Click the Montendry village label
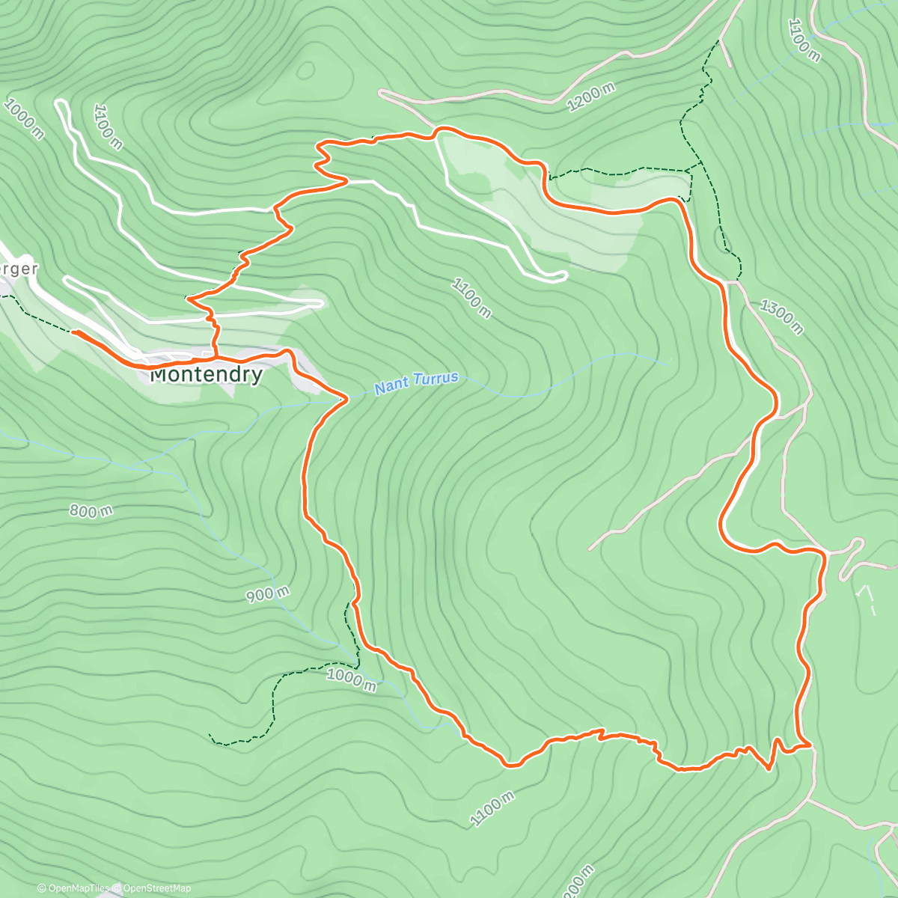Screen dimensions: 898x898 [x=207, y=375]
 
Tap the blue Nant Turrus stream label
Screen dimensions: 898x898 [x=416, y=383]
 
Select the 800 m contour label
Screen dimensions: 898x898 [x=91, y=512]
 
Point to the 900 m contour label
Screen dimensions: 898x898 [x=268, y=594]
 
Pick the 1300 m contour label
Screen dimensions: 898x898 [x=781, y=317]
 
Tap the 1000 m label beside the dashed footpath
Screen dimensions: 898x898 [x=352, y=679]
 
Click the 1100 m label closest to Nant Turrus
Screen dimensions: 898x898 [x=471, y=297]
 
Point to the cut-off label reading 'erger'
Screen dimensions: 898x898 [x=18, y=269]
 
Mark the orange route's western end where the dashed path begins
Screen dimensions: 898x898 [x=73, y=330]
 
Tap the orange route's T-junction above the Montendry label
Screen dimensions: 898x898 [x=216, y=355]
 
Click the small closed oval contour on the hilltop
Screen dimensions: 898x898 [x=305, y=70]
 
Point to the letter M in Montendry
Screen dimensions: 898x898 [x=161, y=375]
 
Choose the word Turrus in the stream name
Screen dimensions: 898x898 [x=437, y=379]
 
